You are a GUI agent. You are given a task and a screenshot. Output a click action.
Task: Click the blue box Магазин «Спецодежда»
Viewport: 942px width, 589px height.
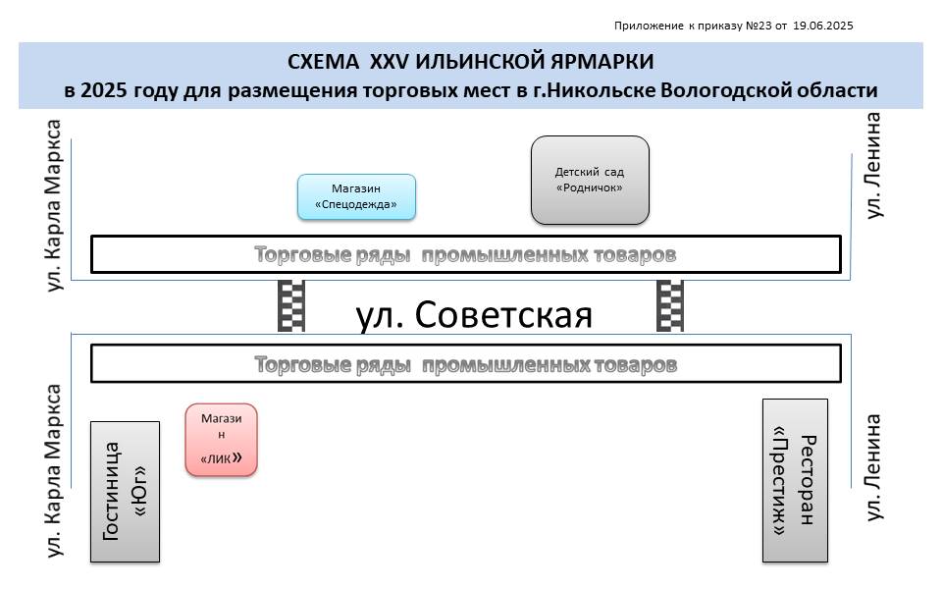point(356,196)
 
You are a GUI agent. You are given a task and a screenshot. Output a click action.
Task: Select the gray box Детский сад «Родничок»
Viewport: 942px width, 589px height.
point(590,181)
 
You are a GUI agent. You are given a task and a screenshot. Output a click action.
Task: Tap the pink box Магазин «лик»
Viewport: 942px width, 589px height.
point(221,440)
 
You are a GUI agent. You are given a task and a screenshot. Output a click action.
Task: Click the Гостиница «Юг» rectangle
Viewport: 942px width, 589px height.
point(125,492)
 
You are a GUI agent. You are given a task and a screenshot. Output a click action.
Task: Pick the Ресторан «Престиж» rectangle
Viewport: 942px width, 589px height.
point(795,480)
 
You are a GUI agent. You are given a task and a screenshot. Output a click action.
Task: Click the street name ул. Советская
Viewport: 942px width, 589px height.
point(474,314)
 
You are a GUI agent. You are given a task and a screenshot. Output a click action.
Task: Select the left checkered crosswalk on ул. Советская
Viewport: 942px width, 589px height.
point(291,306)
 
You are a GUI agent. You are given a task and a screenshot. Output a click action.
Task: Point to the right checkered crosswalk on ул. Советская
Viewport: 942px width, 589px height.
point(670,306)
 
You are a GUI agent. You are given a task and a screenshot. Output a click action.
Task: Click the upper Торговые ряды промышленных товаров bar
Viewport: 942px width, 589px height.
point(465,254)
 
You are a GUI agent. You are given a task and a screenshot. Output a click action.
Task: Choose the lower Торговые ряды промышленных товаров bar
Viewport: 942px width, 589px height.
point(465,363)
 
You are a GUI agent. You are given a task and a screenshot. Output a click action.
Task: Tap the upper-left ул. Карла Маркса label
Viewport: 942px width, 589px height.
point(54,205)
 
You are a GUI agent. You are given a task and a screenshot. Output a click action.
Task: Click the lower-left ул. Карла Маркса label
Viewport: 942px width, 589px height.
point(54,470)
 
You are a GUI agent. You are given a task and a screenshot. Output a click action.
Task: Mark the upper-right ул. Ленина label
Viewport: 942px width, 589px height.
point(873,165)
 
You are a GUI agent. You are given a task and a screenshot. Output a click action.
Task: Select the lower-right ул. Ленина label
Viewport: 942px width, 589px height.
point(873,467)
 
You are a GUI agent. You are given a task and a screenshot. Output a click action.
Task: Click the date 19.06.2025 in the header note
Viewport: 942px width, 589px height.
point(823,26)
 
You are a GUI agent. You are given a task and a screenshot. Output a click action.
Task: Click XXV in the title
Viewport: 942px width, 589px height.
point(389,61)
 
